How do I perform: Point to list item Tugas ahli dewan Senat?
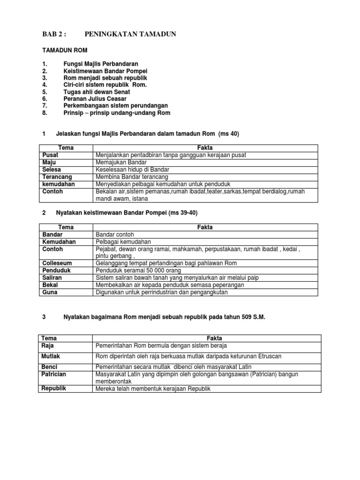tap(97, 92)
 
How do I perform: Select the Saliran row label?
tap(52, 277)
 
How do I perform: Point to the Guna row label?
tap(50, 292)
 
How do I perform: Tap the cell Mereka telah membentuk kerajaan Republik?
tap(153, 389)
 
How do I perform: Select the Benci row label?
tap(50, 367)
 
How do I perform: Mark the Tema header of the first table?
tap(65, 148)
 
